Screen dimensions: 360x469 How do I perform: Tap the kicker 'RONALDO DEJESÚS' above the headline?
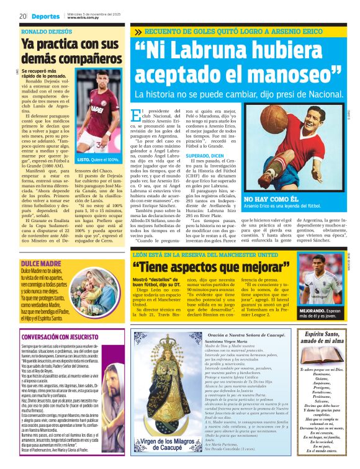coord(47,30)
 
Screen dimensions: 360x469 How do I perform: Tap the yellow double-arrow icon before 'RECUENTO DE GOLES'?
coord(137,32)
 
